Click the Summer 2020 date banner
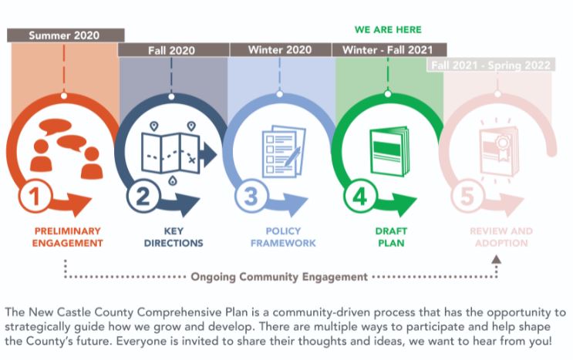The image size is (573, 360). coord(66,35)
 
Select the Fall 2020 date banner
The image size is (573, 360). coord(174,50)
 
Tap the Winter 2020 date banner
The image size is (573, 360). coord(281,49)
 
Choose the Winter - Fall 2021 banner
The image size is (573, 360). coord(389,49)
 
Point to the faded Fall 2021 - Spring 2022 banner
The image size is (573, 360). coord(490,65)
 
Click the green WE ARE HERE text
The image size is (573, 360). coord(388,29)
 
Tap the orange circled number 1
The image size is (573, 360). coord(35,196)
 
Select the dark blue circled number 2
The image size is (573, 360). coord(143,196)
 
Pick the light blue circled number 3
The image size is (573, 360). coord(251,196)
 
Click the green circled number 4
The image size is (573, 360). coord(359,196)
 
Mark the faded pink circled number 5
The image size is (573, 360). coord(467,196)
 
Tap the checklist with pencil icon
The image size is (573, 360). coord(284,152)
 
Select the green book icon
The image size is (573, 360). coord(389,151)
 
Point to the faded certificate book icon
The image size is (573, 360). coord(499,150)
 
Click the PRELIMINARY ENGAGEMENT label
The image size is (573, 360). coord(68,237)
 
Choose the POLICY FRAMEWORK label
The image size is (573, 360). coord(283,237)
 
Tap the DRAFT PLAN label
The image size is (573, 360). coord(391,237)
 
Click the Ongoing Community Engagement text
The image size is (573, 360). coord(279,277)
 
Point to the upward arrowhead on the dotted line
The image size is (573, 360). coord(496,260)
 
